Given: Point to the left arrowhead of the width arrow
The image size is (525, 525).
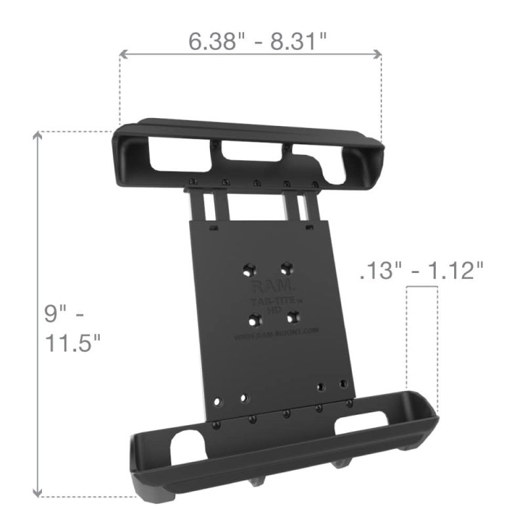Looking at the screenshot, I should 122,56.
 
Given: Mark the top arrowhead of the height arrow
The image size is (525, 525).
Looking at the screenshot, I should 38,135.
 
